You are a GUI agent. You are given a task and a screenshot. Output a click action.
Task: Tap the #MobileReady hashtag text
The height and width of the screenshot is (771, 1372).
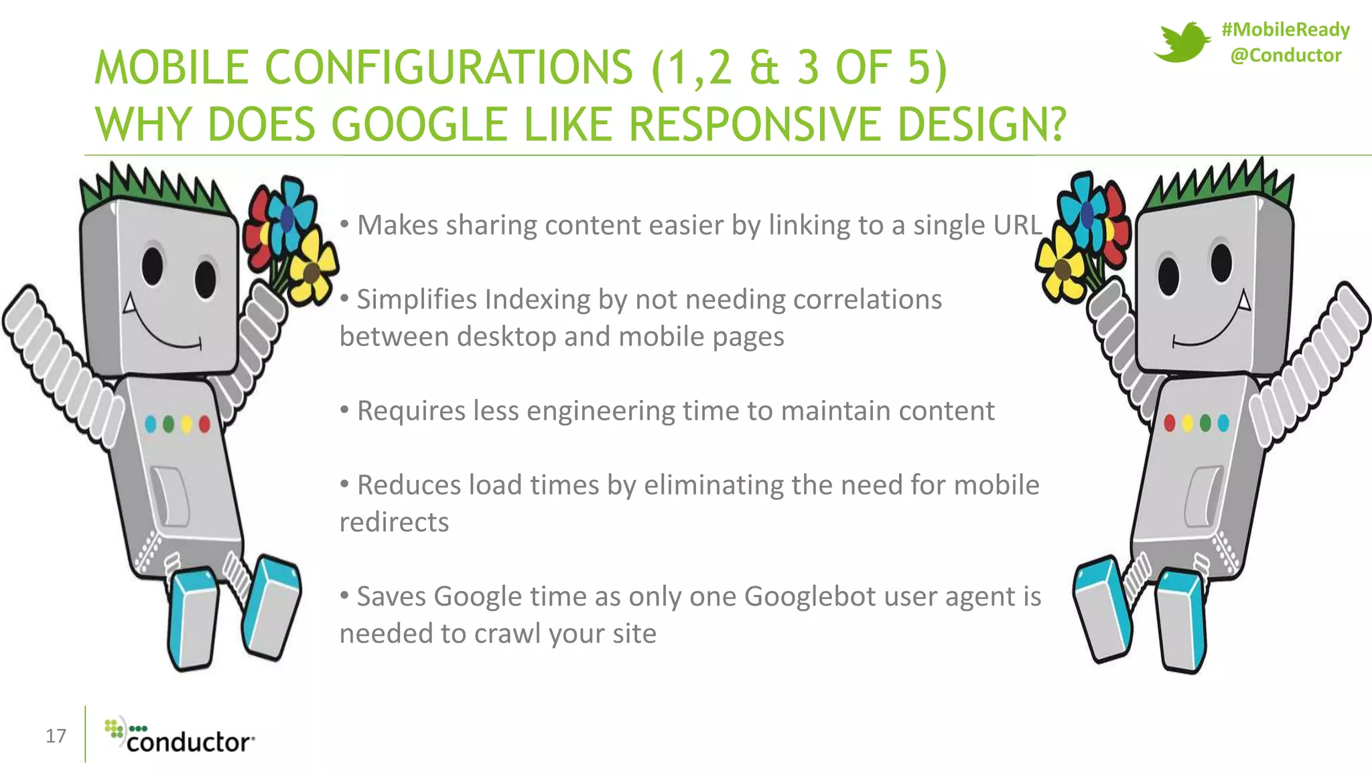(1286, 29)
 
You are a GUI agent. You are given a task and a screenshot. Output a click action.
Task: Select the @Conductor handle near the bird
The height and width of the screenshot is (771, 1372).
(1286, 55)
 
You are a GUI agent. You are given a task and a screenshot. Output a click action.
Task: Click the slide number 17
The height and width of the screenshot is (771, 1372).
(56, 736)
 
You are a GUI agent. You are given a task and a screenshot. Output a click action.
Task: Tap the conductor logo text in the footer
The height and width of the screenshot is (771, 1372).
(189, 742)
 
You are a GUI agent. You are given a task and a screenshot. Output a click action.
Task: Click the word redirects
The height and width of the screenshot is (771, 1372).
(394, 523)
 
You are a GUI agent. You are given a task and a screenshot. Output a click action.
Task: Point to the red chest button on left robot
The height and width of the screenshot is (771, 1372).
(204, 424)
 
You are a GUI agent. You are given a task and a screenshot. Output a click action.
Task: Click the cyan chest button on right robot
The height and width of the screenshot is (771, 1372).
(1223, 423)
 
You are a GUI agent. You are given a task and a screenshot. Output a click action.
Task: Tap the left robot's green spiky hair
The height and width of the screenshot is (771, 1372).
(151, 184)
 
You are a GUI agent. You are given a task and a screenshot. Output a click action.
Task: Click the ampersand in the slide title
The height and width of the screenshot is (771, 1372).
(764, 68)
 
